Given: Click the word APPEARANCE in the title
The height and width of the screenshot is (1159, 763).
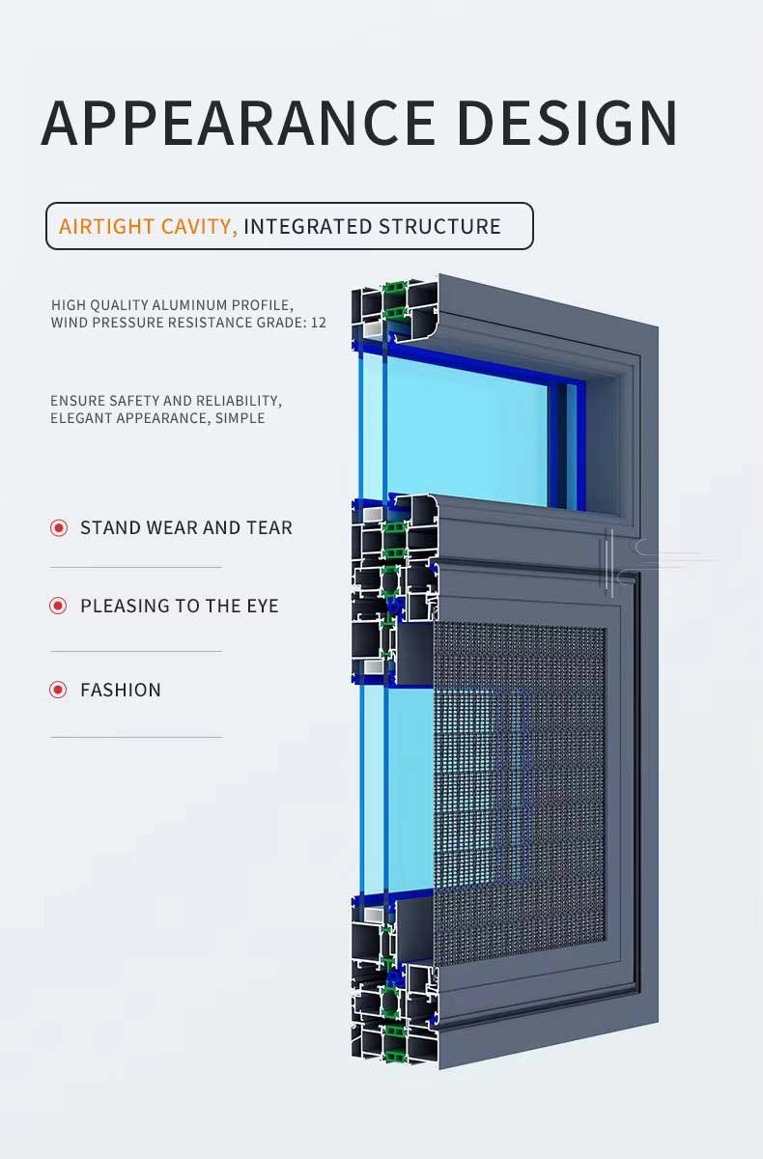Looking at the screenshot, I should point(238,123).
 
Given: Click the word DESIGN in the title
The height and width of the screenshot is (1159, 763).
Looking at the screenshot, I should point(567,123).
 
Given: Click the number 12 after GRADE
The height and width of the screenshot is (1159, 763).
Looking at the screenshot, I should point(319,323).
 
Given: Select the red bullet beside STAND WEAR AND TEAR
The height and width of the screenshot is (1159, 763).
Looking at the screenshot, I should point(59,527).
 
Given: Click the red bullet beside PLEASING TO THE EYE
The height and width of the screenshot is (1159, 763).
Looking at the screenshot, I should point(59,606).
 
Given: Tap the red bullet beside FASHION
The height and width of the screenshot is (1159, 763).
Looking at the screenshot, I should point(59,690).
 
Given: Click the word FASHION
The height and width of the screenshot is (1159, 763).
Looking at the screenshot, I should point(121,690).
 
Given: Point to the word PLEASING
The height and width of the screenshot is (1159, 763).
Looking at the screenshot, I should point(120,606).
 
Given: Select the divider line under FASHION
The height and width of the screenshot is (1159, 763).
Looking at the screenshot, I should point(135,737).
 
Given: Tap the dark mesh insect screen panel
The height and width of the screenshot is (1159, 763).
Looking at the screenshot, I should point(522,792).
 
